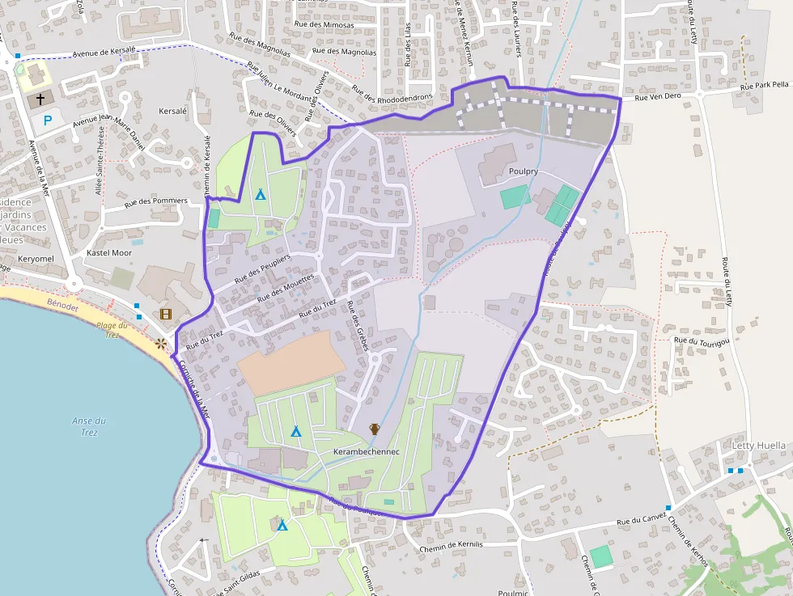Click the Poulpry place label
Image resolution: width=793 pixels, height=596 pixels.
coord(524,171)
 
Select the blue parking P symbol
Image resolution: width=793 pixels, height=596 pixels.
coord(48,120)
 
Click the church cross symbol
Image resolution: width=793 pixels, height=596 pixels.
coord(40,99)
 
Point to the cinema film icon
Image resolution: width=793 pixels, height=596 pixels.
coord(166,315)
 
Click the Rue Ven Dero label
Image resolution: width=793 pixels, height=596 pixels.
coord(658,96)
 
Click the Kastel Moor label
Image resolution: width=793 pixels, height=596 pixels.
coord(108,253)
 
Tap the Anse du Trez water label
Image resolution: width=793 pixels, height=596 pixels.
coord(89,426)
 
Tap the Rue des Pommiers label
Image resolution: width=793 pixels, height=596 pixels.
coord(155,201)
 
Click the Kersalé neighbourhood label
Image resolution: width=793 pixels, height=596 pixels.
coord(173,110)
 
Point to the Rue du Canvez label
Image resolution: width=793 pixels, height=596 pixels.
coord(640,522)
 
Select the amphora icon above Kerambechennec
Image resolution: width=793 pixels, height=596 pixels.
coord(375,429)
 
